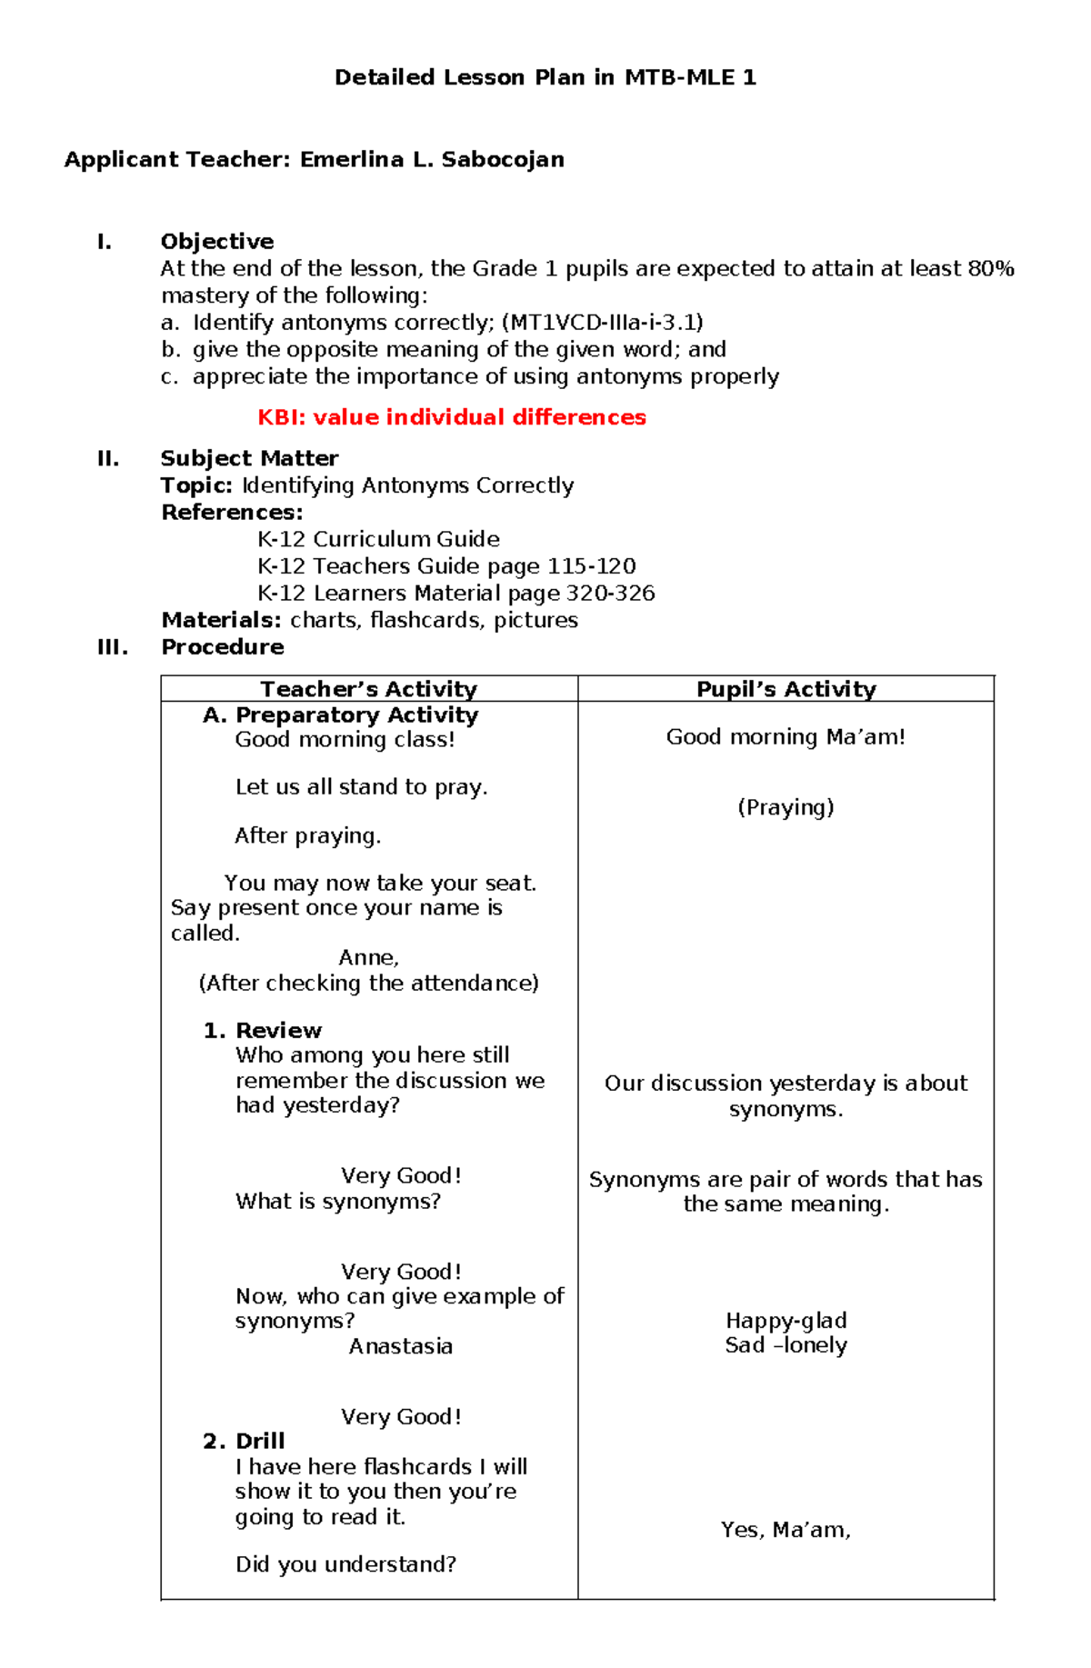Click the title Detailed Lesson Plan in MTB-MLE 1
tap(545, 77)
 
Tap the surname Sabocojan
tap(503, 160)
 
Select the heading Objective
tap(217, 242)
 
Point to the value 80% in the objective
tap(991, 269)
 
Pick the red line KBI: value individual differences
tap(452, 417)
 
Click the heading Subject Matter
tap(249, 458)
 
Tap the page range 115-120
tap(591, 566)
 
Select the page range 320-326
tap(610, 594)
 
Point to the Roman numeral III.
tap(113, 647)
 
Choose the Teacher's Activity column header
tap(368, 689)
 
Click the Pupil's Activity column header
tap(786, 689)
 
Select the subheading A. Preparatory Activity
tap(340, 715)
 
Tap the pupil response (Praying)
tap(786, 807)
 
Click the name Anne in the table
tap(368, 958)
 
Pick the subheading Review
tap(278, 1031)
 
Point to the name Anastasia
tap(401, 1346)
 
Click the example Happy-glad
tap(786, 1321)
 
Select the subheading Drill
tap(260, 1442)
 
